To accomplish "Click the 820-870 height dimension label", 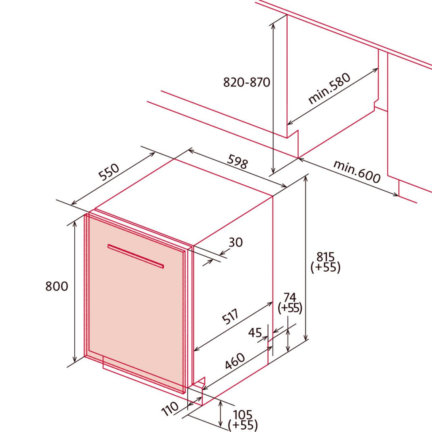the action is (x=246, y=82).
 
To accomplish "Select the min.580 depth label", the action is (x=329, y=89).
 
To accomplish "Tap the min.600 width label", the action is (x=357, y=172).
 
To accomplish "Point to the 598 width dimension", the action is (x=238, y=162).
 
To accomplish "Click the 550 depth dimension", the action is (x=109, y=172).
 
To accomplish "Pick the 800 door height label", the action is (x=57, y=286).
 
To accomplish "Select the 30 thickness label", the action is (x=236, y=243).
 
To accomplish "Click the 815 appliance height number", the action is (x=325, y=257).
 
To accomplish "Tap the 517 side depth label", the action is (x=230, y=317).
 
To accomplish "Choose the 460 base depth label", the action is (x=235, y=361).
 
